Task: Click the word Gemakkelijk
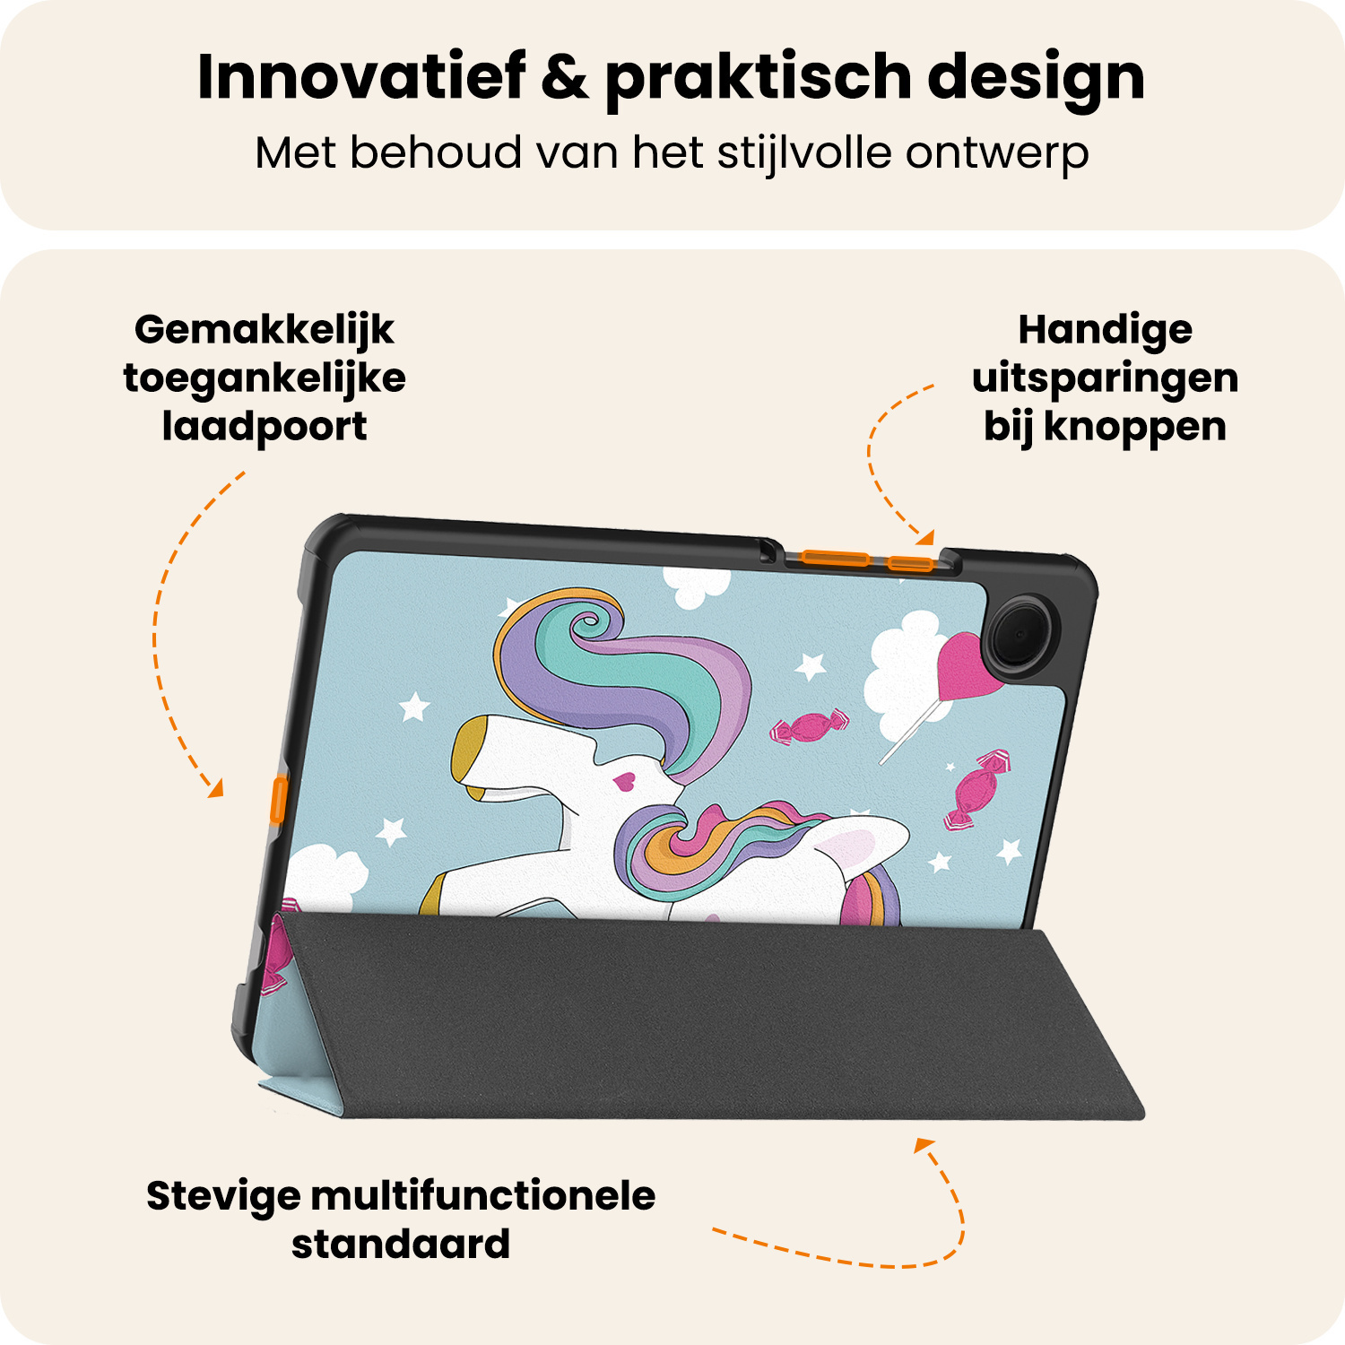click(265, 330)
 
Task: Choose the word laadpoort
click(265, 427)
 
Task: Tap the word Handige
click(1105, 330)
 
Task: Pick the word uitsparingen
click(1105, 378)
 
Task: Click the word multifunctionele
click(482, 1196)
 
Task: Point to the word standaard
click(401, 1245)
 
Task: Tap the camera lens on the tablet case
click(1020, 633)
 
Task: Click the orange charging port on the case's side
click(279, 800)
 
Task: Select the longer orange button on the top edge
click(836, 559)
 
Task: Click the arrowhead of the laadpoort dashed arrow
click(215, 789)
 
